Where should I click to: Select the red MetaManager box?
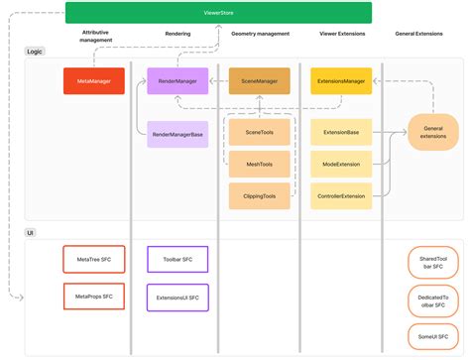point(93,81)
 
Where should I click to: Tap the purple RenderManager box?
point(177,81)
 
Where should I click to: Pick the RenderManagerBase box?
point(177,134)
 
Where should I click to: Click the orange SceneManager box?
point(260,81)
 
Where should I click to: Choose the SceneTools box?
point(260,131)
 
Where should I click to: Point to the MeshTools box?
point(260,164)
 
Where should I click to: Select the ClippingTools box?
point(260,196)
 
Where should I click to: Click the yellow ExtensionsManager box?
point(341,81)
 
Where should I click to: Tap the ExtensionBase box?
point(341,131)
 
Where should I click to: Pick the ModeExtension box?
point(341,164)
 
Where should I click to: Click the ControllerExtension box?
point(341,196)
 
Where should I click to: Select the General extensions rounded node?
point(433,131)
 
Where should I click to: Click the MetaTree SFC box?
point(93,260)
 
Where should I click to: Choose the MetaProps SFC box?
point(93,296)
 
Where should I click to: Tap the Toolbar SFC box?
point(177,260)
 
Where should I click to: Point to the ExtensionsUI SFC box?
point(177,296)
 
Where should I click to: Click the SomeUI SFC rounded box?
point(433,335)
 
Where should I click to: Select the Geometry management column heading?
point(259,34)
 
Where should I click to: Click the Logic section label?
point(36,51)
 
